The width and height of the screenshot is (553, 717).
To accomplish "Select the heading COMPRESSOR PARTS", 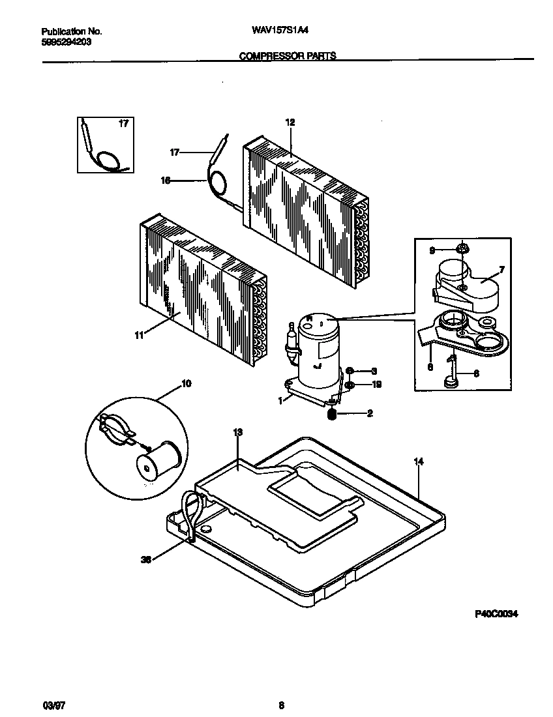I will pyautogui.click(x=288, y=56).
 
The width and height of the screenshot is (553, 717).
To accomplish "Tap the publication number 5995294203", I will pyautogui.click(x=66, y=41).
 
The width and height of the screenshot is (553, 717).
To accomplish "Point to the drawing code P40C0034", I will pyautogui.click(x=496, y=614).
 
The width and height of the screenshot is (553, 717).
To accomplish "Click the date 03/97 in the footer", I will pyautogui.click(x=52, y=705).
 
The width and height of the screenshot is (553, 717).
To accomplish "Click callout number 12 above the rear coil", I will pyautogui.click(x=290, y=122).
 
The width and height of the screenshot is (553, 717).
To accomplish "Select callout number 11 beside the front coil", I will pyautogui.click(x=138, y=335).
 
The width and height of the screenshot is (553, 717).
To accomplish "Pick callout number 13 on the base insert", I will pyautogui.click(x=237, y=432).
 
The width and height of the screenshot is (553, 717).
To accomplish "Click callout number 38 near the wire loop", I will pyautogui.click(x=146, y=559).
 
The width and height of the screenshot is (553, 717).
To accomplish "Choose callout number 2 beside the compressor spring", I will pyautogui.click(x=369, y=413).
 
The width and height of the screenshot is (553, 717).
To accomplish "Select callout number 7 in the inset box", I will pyautogui.click(x=501, y=269).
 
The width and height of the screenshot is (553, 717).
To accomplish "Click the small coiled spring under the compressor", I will pyautogui.click(x=331, y=414).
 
